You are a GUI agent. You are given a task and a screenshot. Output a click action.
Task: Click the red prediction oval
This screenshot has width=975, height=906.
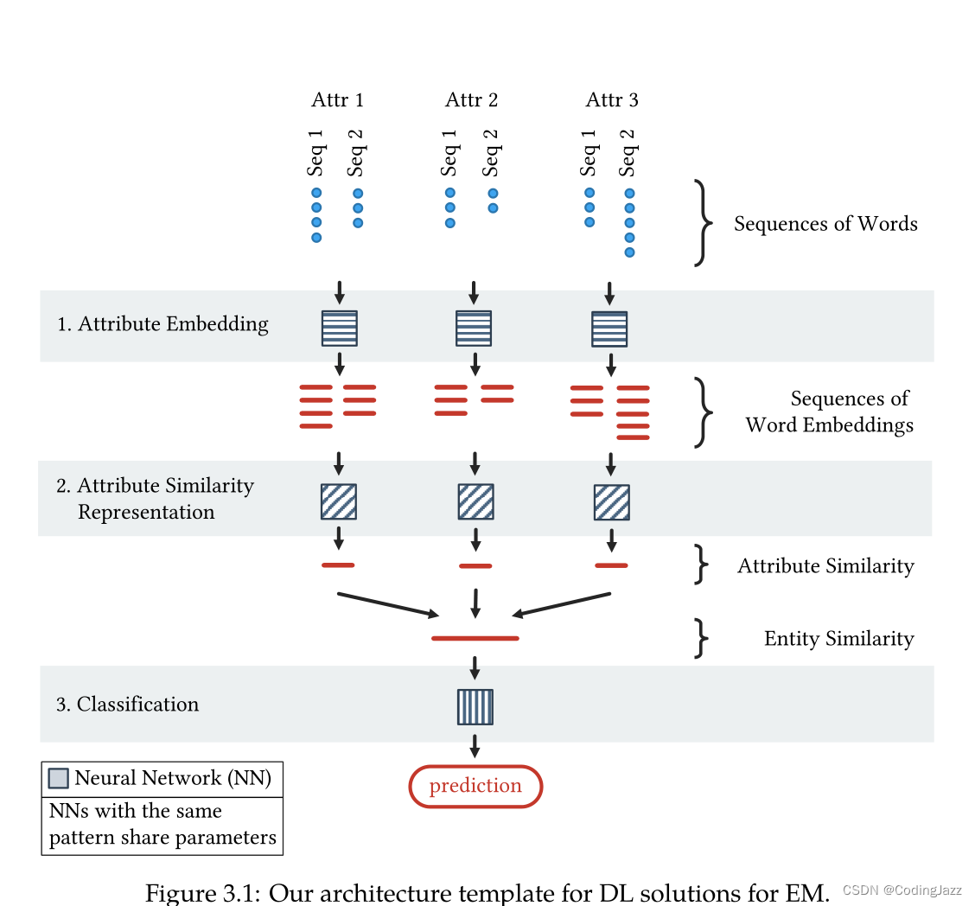click(475, 786)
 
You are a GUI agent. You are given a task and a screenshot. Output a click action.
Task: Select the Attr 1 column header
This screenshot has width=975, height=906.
click(337, 100)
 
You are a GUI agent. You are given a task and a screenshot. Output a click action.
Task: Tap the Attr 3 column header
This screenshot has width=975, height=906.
click(612, 100)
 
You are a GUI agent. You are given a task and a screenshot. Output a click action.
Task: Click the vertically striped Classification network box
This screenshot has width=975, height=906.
click(475, 706)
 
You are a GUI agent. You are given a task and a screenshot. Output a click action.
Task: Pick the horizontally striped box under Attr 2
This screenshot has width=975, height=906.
click(474, 329)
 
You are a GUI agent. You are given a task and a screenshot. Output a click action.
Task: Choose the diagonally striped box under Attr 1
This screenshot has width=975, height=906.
click(339, 501)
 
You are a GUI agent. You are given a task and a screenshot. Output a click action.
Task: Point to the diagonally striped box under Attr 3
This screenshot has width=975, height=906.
click(611, 502)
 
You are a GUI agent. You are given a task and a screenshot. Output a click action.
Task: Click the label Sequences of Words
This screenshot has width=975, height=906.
click(825, 224)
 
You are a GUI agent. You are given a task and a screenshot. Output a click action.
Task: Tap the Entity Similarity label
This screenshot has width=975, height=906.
click(838, 639)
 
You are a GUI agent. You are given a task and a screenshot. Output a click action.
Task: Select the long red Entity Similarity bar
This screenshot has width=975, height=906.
click(475, 638)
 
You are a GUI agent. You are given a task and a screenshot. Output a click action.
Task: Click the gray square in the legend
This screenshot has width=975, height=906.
click(58, 778)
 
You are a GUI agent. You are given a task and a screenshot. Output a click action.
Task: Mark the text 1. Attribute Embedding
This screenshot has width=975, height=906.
click(162, 324)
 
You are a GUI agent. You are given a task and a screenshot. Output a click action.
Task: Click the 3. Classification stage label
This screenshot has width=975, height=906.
click(128, 705)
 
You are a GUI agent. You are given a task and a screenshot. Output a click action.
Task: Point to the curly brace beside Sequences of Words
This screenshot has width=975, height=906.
click(704, 224)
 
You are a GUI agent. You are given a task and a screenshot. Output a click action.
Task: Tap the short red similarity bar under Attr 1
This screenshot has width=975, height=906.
click(338, 565)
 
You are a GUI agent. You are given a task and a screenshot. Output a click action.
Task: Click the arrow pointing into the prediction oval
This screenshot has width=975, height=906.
click(475, 745)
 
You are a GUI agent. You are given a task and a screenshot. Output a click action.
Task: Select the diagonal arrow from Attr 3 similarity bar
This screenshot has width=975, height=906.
click(562, 604)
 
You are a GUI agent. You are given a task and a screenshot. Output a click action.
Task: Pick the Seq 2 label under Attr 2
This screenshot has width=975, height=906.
click(492, 152)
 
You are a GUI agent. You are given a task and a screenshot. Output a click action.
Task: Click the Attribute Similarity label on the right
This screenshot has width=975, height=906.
click(825, 566)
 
